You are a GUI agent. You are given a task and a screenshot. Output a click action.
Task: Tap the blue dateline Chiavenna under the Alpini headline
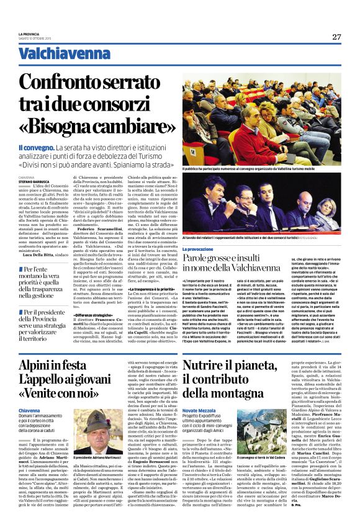click(30, 411)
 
